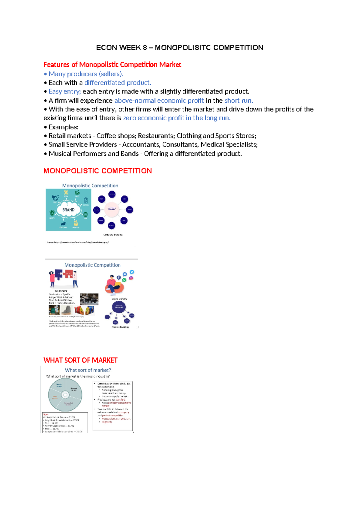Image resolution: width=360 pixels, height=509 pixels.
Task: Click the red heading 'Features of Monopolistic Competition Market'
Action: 112,65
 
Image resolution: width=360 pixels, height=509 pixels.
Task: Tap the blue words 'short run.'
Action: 239,101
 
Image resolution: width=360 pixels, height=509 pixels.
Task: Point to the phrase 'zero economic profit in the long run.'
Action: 177,118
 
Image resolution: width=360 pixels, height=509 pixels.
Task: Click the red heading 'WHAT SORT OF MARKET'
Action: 80,360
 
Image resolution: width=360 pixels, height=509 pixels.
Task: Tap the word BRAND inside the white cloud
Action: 68,210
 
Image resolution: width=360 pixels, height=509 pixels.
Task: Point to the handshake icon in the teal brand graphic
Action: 55,198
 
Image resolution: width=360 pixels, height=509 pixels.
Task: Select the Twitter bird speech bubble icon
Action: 132,272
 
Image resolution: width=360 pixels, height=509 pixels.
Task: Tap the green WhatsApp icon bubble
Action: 124,280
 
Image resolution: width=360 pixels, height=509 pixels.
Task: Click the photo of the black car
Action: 89,299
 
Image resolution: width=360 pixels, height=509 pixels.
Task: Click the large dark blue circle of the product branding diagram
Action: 119,307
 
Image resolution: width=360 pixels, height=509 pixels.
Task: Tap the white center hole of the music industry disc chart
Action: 65,395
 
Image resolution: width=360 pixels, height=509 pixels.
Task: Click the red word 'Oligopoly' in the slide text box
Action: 107,422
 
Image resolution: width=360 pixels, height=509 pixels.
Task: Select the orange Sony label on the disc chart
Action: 55,397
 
